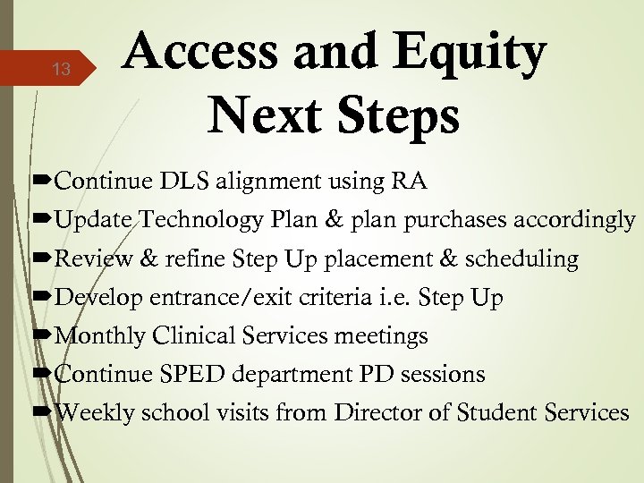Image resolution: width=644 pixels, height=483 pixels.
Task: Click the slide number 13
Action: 61,69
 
